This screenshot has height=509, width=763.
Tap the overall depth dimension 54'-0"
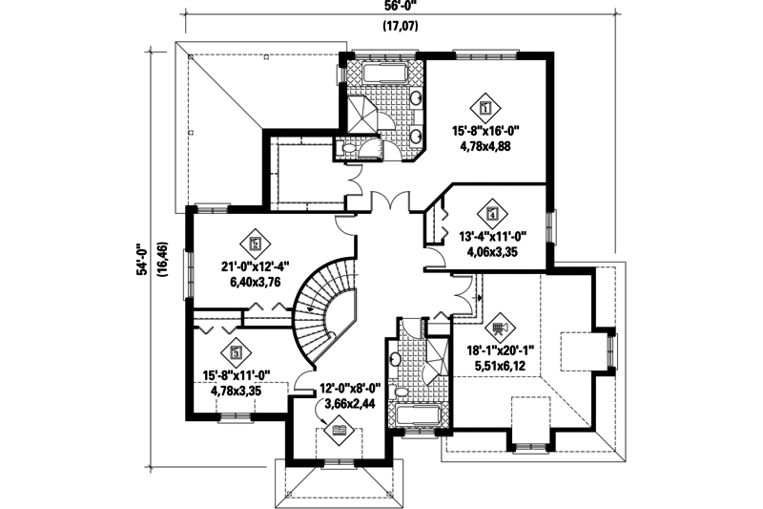[x=142, y=258]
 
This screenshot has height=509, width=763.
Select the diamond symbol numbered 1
[x=486, y=107]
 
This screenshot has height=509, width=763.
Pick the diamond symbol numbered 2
[x=255, y=243]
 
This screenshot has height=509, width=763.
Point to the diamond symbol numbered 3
[x=236, y=350]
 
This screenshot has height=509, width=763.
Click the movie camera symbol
[x=501, y=322]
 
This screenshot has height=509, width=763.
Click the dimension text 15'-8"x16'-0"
[x=494, y=133]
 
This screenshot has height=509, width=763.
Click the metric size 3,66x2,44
[x=349, y=404]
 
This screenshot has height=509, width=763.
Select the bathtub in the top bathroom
[x=384, y=73]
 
